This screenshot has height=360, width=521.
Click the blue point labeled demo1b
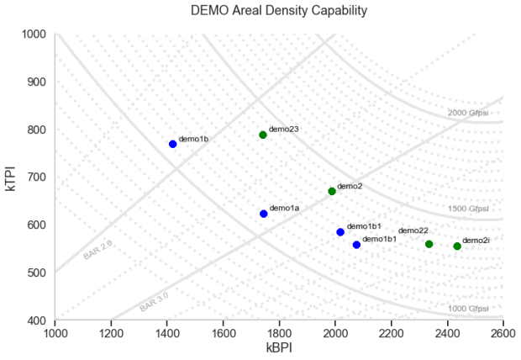(x=173, y=144)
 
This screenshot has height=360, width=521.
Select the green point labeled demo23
(x=263, y=135)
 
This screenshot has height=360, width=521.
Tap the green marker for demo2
(x=332, y=191)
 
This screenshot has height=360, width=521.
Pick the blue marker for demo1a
(x=264, y=214)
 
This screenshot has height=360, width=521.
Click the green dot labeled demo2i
(x=457, y=246)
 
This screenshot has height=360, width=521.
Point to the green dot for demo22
(x=429, y=244)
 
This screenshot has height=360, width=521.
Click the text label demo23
(x=284, y=129)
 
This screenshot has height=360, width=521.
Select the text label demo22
(x=413, y=230)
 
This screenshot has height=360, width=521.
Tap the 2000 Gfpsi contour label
(x=468, y=113)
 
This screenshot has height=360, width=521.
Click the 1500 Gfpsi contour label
(x=468, y=209)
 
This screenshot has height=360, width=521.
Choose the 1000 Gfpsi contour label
(x=468, y=309)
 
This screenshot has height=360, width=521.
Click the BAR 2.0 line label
(x=97, y=250)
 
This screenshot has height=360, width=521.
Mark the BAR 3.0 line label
(x=154, y=302)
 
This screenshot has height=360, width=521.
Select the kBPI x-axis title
(x=279, y=347)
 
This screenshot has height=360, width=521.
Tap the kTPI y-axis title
(x=11, y=177)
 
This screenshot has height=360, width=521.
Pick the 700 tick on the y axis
(x=36, y=177)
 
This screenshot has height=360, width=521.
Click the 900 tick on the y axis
(x=36, y=82)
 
